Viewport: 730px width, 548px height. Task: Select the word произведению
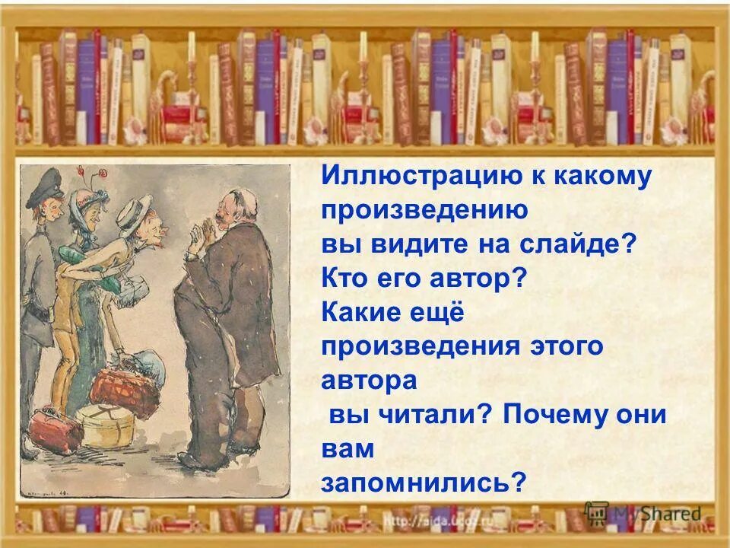tap(424, 211)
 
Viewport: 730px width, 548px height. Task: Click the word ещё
tap(446, 313)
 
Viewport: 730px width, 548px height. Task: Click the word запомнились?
tap(424, 483)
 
